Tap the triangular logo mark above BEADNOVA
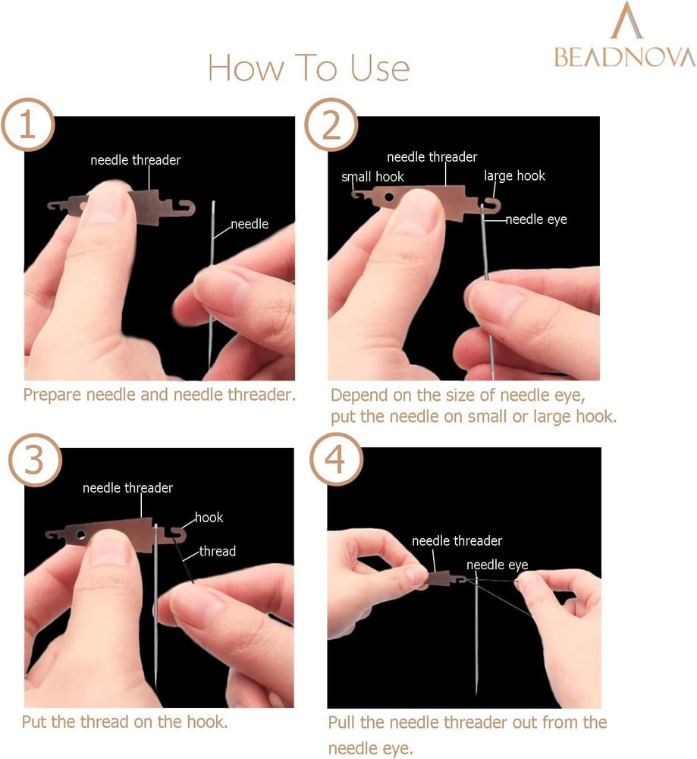click(x=626, y=21)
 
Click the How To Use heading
click(x=308, y=68)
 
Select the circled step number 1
click(x=28, y=125)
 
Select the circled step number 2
click(x=331, y=125)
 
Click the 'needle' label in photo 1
click(x=249, y=224)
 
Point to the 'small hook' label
click(x=372, y=177)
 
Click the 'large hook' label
click(x=514, y=176)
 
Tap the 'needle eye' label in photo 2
click(x=536, y=219)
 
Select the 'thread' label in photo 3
click(x=218, y=551)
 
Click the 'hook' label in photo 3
click(x=209, y=518)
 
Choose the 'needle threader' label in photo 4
click(x=457, y=541)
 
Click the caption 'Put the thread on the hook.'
click(x=124, y=722)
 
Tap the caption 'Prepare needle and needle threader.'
click(x=159, y=395)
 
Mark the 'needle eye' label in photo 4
click(x=497, y=565)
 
